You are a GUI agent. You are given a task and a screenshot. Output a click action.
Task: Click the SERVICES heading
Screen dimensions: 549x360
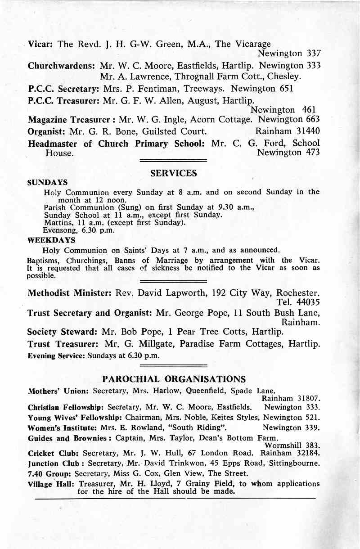(x=173, y=173)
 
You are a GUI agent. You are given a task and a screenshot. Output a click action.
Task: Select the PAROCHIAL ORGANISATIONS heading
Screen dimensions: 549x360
(x=174, y=378)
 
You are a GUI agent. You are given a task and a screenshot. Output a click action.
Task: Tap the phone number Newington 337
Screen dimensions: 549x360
(x=288, y=54)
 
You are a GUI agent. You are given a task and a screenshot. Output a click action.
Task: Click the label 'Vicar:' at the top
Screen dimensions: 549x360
(x=41, y=44)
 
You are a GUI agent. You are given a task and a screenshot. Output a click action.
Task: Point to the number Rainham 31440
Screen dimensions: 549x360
(x=287, y=131)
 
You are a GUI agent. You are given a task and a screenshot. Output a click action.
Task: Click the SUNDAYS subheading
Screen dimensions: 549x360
(x=48, y=183)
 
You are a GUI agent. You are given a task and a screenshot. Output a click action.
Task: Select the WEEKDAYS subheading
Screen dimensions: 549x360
(x=51, y=240)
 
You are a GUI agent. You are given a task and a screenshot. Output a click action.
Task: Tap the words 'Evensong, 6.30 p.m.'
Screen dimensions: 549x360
(x=78, y=230)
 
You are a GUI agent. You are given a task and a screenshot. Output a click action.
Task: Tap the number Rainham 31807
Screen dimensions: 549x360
(x=290, y=399)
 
